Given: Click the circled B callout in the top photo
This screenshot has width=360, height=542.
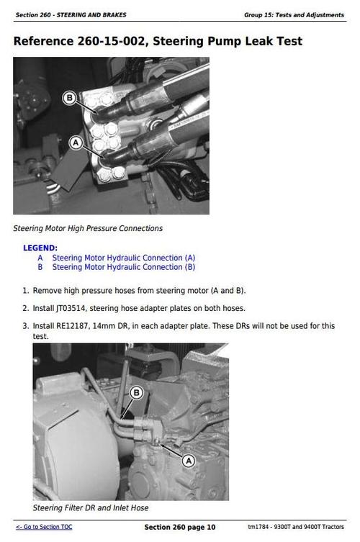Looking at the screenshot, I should tap(70, 98).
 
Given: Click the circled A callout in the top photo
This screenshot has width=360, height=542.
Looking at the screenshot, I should tap(75, 143).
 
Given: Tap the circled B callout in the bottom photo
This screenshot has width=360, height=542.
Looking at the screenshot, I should tap(138, 392).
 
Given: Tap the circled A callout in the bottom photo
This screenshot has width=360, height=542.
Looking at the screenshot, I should tap(189, 459).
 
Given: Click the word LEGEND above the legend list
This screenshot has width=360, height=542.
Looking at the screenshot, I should tap(40, 248).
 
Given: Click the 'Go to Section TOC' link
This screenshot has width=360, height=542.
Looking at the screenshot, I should tap(44, 527).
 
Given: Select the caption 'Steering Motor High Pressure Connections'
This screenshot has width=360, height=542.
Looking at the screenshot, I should tap(88, 229).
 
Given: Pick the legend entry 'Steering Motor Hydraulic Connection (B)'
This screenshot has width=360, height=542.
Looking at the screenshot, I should tap(124, 267).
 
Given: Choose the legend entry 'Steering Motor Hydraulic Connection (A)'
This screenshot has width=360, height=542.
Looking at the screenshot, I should tap(124, 258).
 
